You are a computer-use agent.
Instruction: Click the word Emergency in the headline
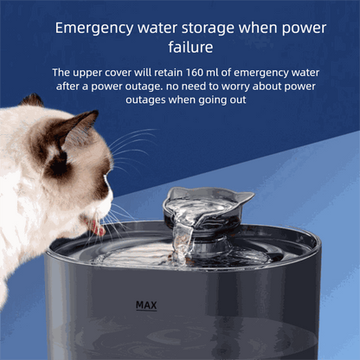94,29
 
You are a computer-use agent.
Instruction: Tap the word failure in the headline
190,47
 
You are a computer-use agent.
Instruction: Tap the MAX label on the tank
146,305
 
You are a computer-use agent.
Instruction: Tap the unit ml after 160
212,73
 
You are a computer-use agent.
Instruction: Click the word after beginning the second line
67,86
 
